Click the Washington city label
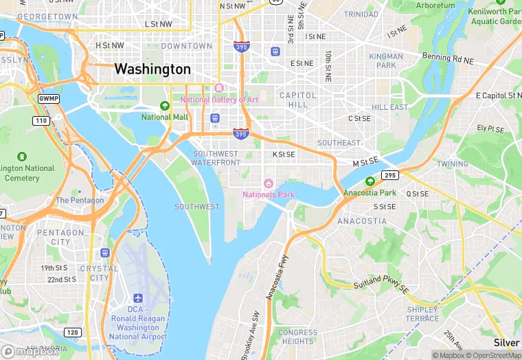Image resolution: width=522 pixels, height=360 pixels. [152, 69]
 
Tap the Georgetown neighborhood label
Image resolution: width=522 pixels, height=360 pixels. [47, 16]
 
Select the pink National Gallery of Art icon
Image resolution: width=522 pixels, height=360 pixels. [219, 88]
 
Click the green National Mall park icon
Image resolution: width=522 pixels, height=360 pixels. [165, 106]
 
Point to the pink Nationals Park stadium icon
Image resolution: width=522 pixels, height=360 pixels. [269, 183]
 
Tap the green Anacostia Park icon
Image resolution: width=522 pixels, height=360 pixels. [370, 181]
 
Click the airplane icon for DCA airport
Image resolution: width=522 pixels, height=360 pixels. [139, 299]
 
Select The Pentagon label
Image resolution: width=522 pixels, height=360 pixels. [80, 201]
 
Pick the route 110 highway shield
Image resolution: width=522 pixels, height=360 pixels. [42, 121]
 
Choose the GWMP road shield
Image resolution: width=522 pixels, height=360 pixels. [47, 99]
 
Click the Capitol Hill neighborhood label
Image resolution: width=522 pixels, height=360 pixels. [298, 100]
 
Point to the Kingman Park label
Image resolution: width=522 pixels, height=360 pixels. [386, 60]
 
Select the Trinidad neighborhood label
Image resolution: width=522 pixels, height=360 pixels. [361, 14]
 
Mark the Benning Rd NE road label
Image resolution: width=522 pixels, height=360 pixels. [448, 58]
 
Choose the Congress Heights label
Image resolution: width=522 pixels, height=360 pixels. [298, 337]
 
